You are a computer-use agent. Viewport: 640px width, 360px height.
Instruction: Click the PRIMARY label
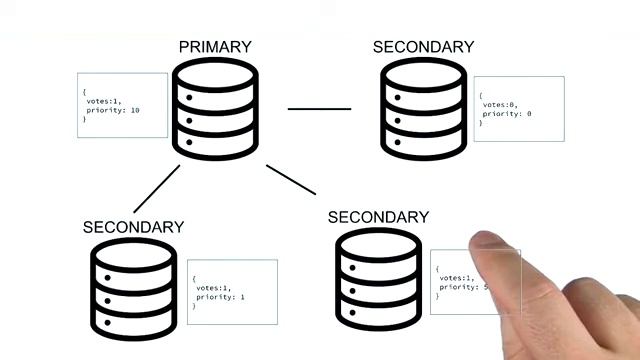click(x=215, y=47)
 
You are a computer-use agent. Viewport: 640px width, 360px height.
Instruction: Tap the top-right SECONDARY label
click(x=423, y=47)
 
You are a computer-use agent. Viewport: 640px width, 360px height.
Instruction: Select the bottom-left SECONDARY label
click(x=133, y=227)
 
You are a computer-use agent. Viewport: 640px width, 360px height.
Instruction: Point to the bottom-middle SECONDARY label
click(x=378, y=217)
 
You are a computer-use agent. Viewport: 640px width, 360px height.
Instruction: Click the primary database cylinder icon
click(x=215, y=111)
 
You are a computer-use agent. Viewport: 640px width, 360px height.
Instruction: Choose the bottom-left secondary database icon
click(x=133, y=287)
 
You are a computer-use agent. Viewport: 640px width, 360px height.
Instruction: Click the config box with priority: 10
click(x=124, y=105)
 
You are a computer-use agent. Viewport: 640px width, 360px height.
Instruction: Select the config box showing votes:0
click(x=518, y=108)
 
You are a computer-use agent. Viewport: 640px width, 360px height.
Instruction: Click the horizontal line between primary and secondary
click(x=320, y=108)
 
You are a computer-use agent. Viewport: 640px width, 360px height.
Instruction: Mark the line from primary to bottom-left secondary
click(x=157, y=189)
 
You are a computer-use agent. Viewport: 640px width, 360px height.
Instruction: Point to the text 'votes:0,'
click(x=500, y=104)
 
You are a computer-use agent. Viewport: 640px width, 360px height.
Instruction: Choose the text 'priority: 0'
click(x=508, y=114)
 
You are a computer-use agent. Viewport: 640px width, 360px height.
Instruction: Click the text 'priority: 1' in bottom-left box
click(x=220, y=297)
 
